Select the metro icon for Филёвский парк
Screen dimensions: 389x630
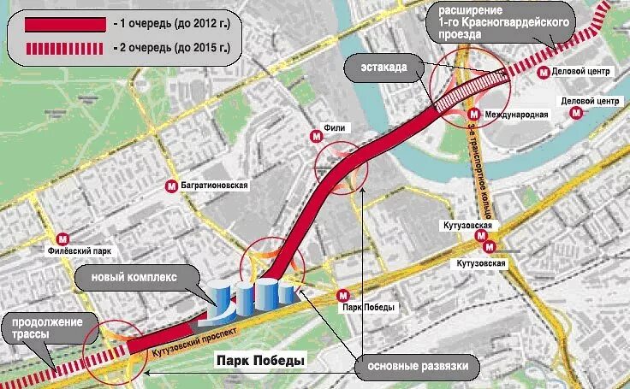pyautogui.click(x=62, y=239)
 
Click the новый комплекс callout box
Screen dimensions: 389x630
pyautogui.click(x=139, y=278)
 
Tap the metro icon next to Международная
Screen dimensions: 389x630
pyautogui.click(x=473, y=114)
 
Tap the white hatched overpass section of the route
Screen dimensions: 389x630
pyautogui.click(x=466, y=93)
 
